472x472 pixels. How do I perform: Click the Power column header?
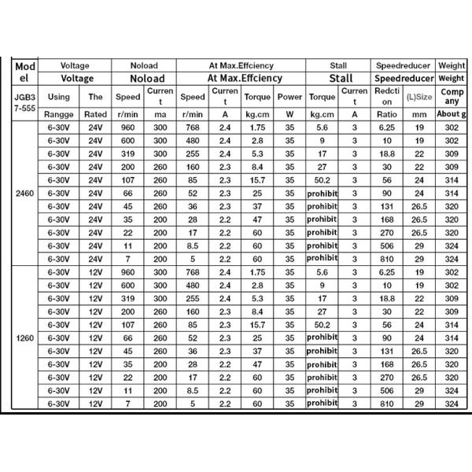coord(289,98)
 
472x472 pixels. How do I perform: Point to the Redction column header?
coord(386,98)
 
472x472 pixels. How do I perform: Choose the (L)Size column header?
coord(420,98)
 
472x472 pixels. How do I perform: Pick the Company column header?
coord(452,98)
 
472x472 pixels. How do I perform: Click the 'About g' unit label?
coord(452,115)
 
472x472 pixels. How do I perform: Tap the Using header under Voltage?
coord(58,98)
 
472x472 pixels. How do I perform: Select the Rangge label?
coord(58,115)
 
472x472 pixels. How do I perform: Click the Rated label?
coord(96,115)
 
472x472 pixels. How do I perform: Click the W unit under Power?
coord(289,115)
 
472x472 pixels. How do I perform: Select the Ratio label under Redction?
coord(386,115)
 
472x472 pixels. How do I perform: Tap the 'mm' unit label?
coord(420,115)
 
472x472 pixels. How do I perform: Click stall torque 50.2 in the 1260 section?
coord(321,325)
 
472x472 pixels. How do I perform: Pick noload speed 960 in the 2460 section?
coord(128,127)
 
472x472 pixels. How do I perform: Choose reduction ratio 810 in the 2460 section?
coord(386,258)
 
